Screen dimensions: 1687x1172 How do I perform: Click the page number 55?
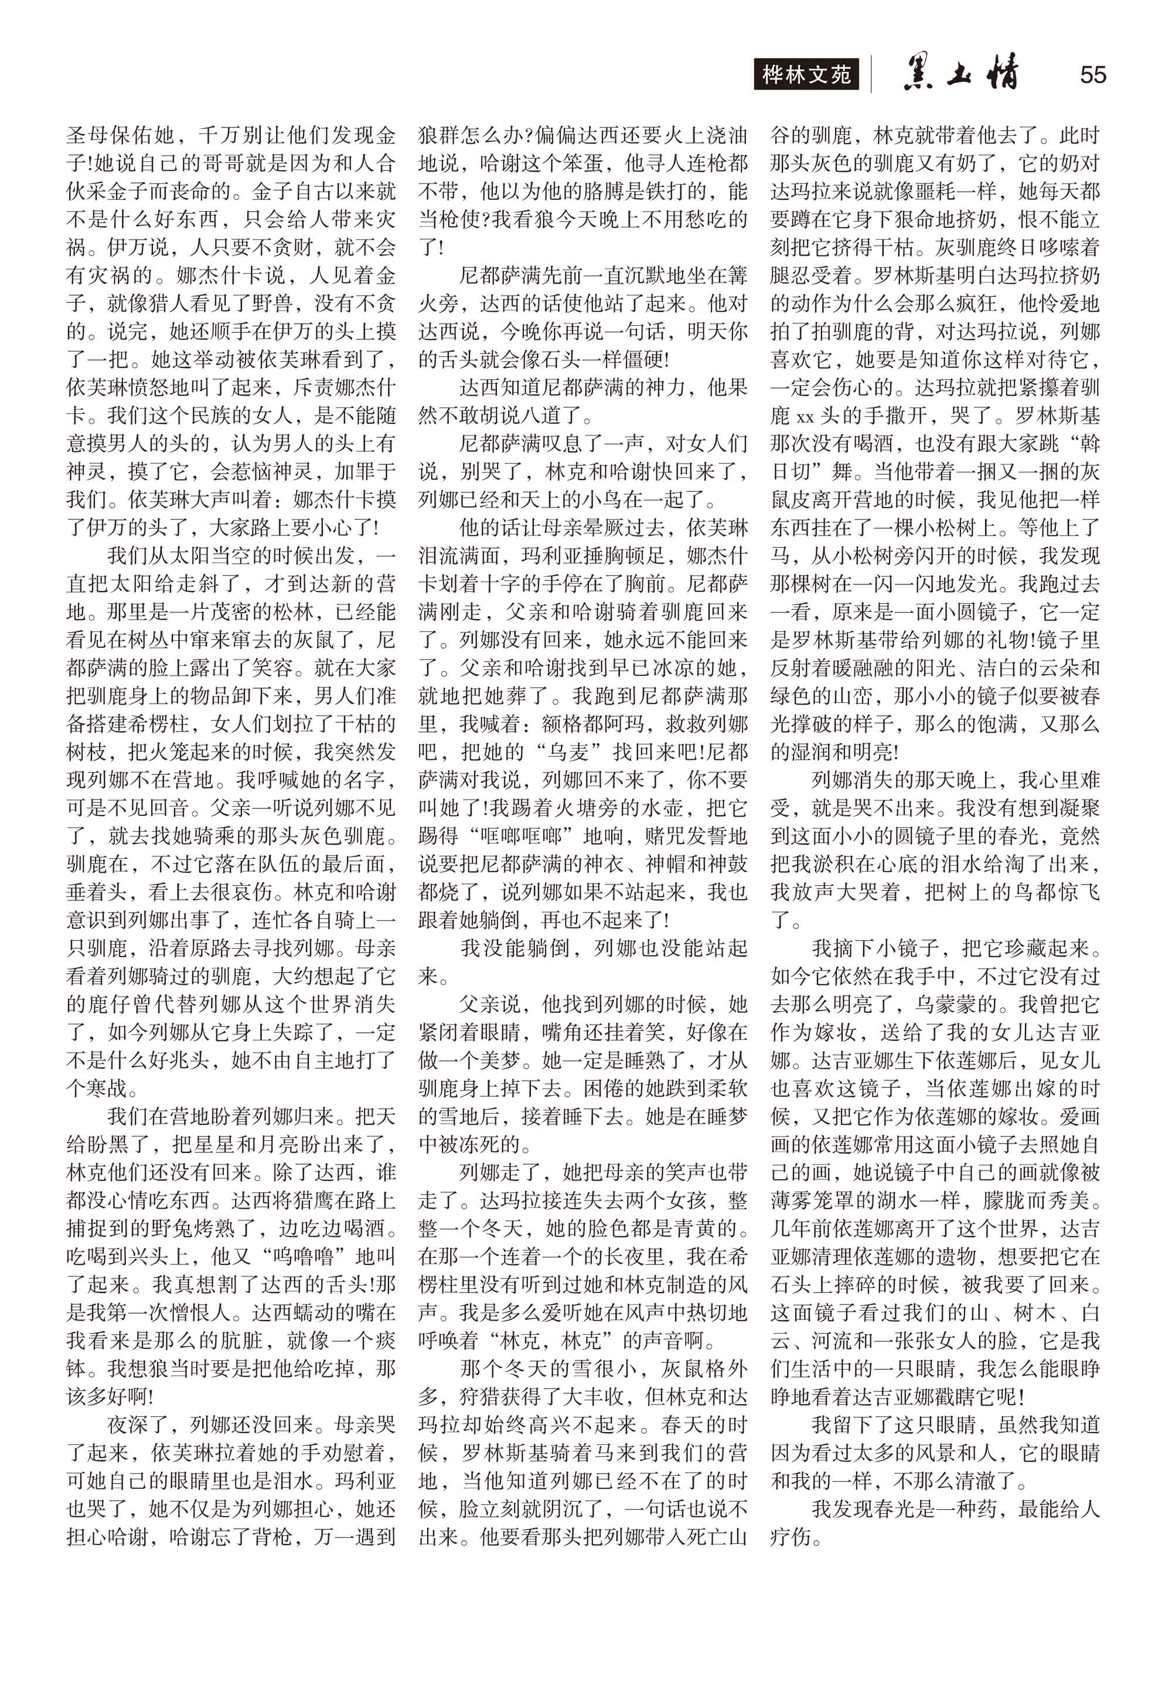[1093, 75]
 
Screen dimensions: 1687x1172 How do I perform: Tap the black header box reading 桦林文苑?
[806, 75]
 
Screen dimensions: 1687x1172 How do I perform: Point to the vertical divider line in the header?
[871, 75]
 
